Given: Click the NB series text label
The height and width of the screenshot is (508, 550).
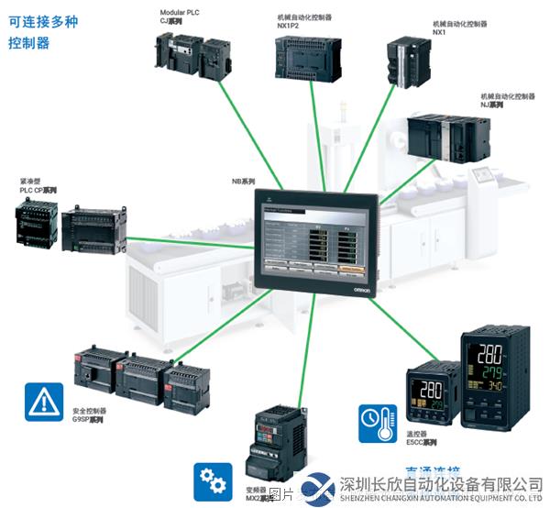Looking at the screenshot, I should point(243,182).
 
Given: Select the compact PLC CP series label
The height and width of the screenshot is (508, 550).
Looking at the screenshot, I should point(38,186).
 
